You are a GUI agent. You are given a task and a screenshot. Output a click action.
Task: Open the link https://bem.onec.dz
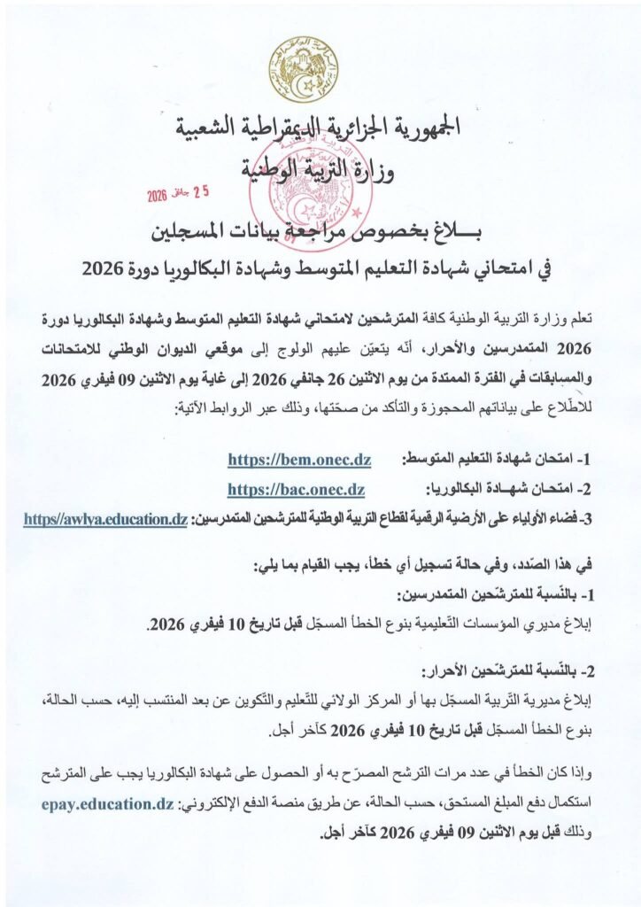(x=298, y=461)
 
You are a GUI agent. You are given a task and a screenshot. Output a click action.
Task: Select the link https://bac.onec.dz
(x=296, y=489)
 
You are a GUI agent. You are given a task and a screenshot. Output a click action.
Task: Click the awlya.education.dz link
(x=105, y=519)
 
